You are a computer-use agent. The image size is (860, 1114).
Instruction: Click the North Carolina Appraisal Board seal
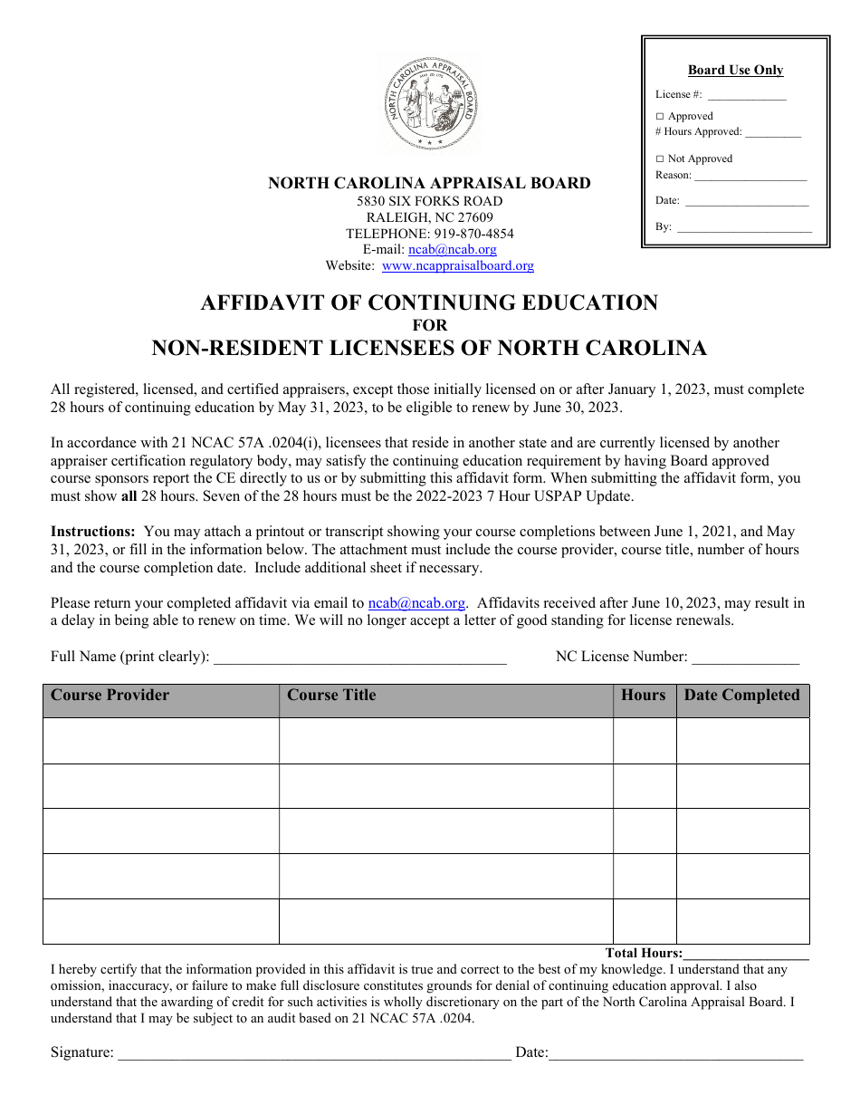coord(429,105)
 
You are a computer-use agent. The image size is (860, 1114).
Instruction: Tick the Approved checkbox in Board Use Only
coord(660,116)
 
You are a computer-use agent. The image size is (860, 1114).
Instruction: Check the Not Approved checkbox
coord(660,158)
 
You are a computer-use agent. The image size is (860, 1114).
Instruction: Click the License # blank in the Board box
coord(746,96)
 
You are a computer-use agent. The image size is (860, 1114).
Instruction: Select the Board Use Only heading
coord(735,71)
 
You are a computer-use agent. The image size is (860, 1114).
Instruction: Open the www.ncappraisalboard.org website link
coord(457,266)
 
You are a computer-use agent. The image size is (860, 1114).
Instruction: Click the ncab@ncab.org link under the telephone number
coord(452,250)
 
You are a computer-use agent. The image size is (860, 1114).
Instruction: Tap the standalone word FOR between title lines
coord(429,325)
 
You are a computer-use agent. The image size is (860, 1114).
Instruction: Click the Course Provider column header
coord(110,696)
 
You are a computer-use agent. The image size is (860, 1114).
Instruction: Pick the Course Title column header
coord(330,696)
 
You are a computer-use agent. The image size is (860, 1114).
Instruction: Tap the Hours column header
coord(643,696)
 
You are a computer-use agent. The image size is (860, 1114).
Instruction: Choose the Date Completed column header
coord(741,696)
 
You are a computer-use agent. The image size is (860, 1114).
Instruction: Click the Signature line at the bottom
coord(313,1054)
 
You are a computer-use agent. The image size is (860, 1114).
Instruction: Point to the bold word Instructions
coord(92,532)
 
